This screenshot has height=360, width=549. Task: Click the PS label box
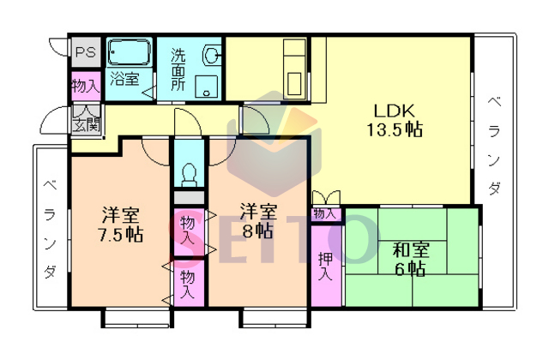click(x=86, y=52)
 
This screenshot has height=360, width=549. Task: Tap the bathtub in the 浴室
click(x=130, y=52)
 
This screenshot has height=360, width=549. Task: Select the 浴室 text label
click(x=125, y=79)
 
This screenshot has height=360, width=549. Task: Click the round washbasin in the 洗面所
click(x=211, y=55)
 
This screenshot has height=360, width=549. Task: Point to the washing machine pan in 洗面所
click(x=206, y=87)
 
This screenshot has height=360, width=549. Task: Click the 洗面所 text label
click(x=178, y=69)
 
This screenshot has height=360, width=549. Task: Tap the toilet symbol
click(x=190, y=174)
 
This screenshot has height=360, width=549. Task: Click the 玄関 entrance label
click(x=87, y=124)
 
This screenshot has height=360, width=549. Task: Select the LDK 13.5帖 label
click(x=395, y=120)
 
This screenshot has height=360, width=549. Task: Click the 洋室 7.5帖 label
click(x=121, y=225)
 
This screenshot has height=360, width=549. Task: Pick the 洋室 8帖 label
click(x=258, y=221)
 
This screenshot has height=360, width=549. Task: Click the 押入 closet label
click(x=325, y=266)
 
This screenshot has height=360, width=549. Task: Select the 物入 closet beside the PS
click(x=86, y=86)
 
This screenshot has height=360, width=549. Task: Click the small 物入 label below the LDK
click(x=325, y=213)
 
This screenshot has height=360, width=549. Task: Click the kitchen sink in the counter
click(x=294, y=84)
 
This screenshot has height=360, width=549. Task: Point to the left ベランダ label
click(x=50, y=229)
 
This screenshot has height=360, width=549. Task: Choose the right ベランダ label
click(x=494, y=146)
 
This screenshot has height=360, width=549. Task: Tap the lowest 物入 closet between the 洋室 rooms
click(x=189, y=284)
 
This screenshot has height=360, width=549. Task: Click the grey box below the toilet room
click(x=189, y=198)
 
